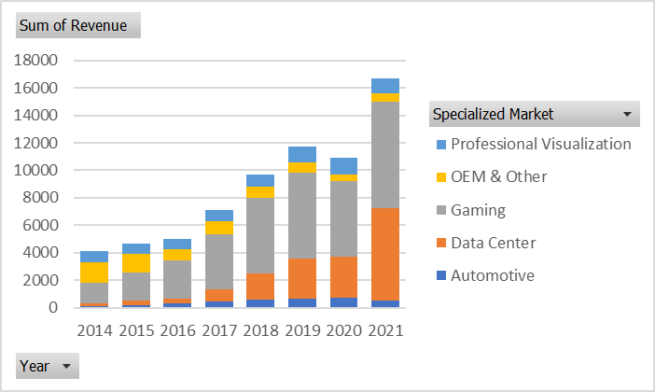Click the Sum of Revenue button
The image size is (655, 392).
78,25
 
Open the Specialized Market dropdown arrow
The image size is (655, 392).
625,114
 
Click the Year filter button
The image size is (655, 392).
48,366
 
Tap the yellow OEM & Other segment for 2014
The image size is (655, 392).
94,273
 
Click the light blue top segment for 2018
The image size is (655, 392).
260,180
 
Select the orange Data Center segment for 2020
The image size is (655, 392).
343,277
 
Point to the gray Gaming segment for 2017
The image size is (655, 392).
218,261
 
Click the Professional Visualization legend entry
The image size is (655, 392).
540,144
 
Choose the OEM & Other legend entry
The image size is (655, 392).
498,176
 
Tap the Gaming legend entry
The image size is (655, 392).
478,210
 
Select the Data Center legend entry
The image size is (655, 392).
493,243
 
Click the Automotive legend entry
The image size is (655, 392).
493,275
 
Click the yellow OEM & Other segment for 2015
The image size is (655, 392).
135,262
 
